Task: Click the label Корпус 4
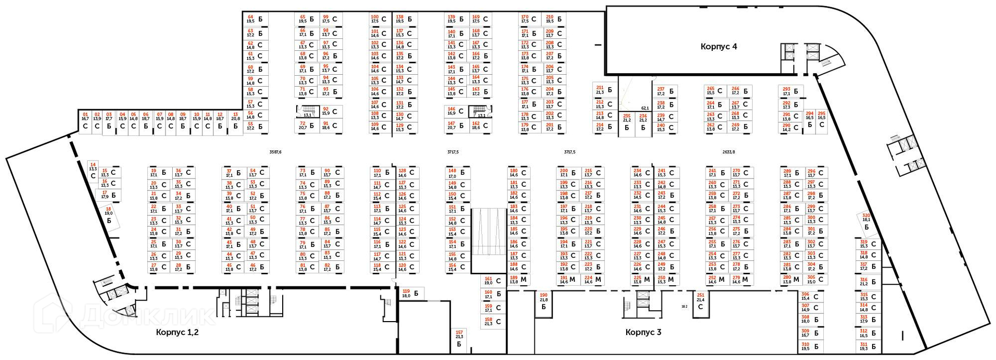pos(718,46)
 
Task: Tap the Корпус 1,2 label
pos(177,332)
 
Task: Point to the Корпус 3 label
pos(643,332)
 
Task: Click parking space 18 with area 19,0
pos(108,215)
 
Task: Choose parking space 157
pos(459,338)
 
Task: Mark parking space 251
pos(700,301)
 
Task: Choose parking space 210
pos(555,19)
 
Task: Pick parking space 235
pos(627,122)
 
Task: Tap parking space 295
pos(821,120)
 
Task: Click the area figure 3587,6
pos(275,152)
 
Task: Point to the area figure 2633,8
pos(728,152)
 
